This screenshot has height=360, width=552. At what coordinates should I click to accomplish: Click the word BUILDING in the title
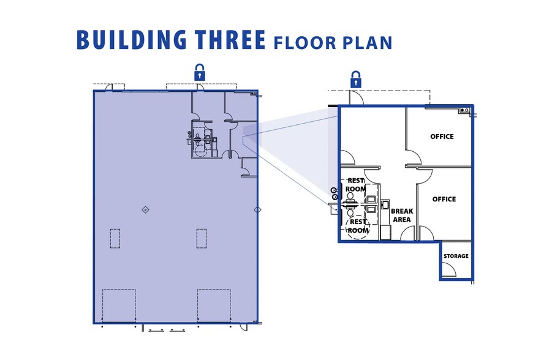tap(132, 40)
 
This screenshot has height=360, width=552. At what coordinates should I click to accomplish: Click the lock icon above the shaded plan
tap(200, 72)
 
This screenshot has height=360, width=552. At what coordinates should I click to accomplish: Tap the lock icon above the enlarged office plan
tap(355, 80)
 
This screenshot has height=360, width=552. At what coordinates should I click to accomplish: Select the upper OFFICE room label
tap(442, 137)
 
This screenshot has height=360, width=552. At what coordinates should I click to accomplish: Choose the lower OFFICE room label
tap(444, 199)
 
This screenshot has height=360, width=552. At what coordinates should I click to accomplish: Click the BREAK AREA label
tap(402, 216)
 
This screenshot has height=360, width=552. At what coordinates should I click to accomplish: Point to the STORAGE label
tap(456, 256)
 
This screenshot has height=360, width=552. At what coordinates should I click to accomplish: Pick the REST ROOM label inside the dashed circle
tap(358, 227)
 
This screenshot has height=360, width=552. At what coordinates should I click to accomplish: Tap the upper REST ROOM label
tap(355, 185)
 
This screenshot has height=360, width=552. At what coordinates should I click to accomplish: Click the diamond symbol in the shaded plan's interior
tap(145, 210)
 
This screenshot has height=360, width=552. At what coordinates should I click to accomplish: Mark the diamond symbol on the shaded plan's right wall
tap(257, 210)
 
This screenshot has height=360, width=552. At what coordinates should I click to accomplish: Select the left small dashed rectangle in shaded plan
tap(115, 239)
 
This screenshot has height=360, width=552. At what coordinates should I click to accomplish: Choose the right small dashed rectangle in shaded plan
tap(202, 239)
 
